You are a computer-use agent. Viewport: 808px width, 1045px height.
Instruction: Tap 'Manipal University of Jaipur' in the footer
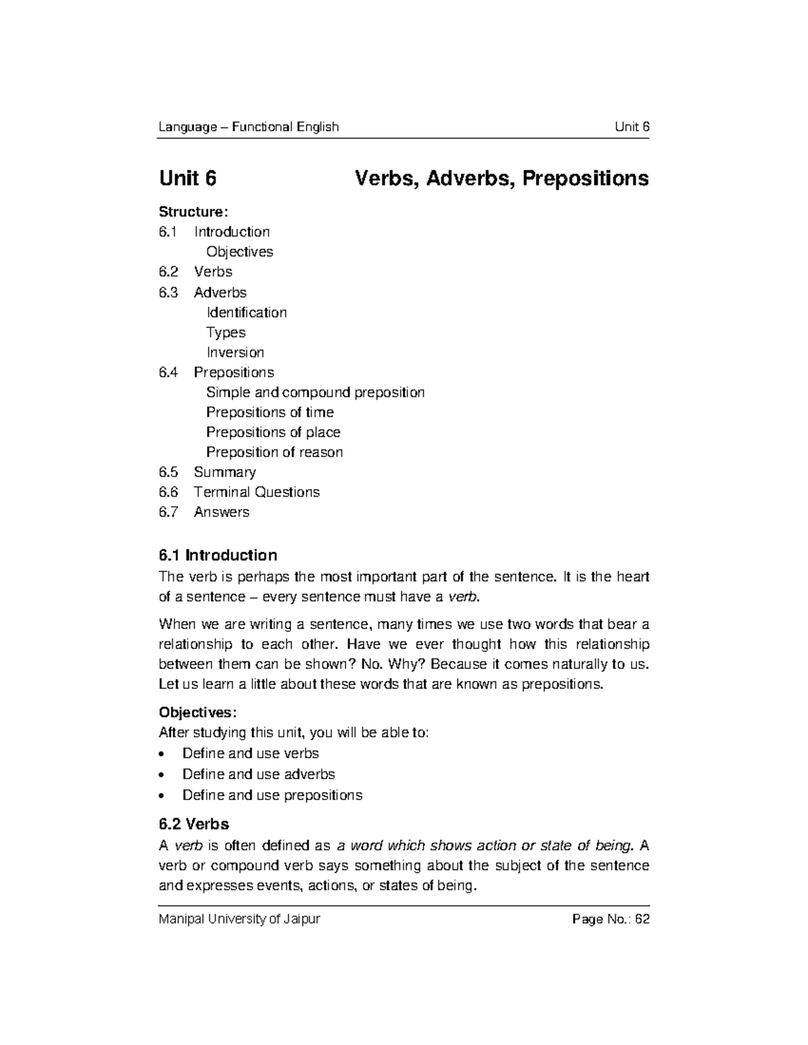pos(239,919)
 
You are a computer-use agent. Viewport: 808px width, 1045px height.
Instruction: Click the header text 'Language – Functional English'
pos(248,127)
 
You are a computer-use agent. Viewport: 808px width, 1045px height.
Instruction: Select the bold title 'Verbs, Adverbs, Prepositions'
pos(502,178)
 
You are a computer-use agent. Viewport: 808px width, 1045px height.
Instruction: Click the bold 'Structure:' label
pos(193,212)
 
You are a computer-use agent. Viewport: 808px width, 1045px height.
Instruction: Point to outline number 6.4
pos(168,372)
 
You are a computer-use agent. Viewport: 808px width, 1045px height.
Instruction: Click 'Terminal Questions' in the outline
pos(257,492)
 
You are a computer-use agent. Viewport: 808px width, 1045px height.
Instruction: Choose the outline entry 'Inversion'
pos(235,353)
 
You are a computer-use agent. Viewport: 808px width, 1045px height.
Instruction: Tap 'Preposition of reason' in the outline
pos(274,452)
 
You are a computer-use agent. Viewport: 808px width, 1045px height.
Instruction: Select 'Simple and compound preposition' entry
pos(315,392)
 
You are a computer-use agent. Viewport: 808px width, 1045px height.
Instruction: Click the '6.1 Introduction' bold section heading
pos(217,555)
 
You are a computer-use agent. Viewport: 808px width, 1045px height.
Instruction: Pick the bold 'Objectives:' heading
pos(197,712)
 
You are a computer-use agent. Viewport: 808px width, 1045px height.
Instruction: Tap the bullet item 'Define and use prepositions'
pos(272,795)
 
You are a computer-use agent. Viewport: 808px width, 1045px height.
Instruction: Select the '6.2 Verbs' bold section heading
pos(194,824)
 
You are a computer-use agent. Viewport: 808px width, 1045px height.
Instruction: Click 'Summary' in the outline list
pos(225,472)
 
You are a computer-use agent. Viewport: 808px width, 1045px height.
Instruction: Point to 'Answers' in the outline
pos(222,512)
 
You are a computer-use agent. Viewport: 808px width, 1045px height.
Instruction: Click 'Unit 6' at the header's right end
pos(632,127)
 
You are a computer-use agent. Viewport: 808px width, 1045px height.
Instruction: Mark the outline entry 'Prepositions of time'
pos(269,412)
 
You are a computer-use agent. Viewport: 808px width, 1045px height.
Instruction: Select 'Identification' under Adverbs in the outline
pos(246,312)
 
